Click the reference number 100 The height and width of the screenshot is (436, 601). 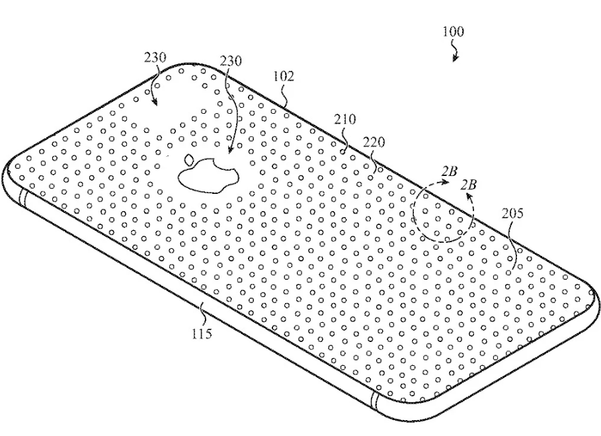453,32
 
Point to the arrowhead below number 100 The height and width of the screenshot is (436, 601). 456,58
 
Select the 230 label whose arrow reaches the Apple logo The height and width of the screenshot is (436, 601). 231,61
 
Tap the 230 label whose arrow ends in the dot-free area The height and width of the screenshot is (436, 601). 155,58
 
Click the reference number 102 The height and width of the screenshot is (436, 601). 284,76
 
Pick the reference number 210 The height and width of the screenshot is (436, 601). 344,119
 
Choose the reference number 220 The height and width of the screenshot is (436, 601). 374,142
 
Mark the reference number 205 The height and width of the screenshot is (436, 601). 512,213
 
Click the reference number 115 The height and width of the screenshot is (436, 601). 202,333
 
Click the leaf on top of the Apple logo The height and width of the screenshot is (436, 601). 189,159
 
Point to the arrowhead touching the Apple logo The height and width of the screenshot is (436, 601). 229,150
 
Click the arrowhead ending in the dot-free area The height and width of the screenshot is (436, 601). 154,101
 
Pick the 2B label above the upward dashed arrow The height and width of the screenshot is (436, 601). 468,185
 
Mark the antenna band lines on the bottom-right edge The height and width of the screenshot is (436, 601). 374,402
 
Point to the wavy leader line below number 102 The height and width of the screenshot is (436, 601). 284,95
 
